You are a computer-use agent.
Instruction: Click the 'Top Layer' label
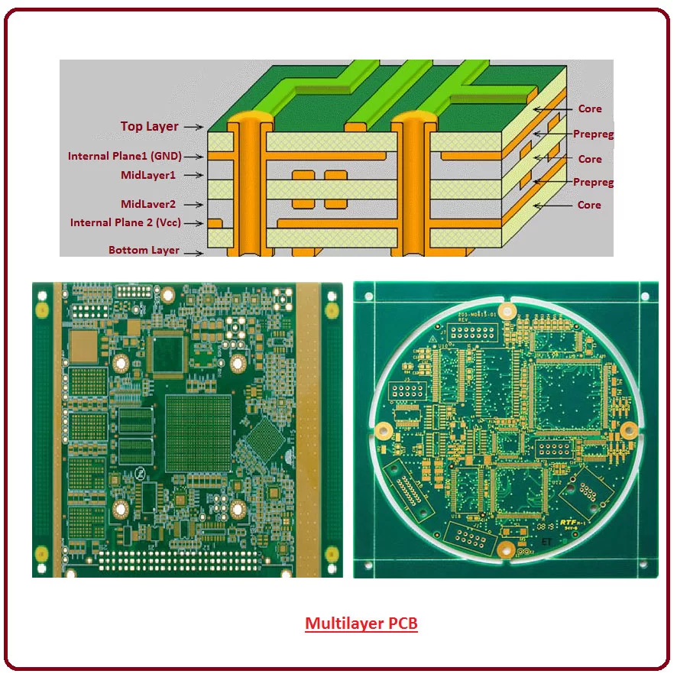tap(149, 126)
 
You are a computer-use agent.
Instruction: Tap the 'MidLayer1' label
tap(148, 175)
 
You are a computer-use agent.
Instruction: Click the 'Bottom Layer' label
tap(144, 250)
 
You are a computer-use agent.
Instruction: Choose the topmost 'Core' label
tap(589, 109)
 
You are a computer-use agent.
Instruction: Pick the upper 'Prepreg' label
tap(594, 134)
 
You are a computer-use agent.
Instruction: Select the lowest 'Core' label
tap(589, 205)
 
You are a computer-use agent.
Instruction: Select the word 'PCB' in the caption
tap(403, 624)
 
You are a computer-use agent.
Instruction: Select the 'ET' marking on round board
tap(546, 541)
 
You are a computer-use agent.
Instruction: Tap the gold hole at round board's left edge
tap(387, 429)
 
